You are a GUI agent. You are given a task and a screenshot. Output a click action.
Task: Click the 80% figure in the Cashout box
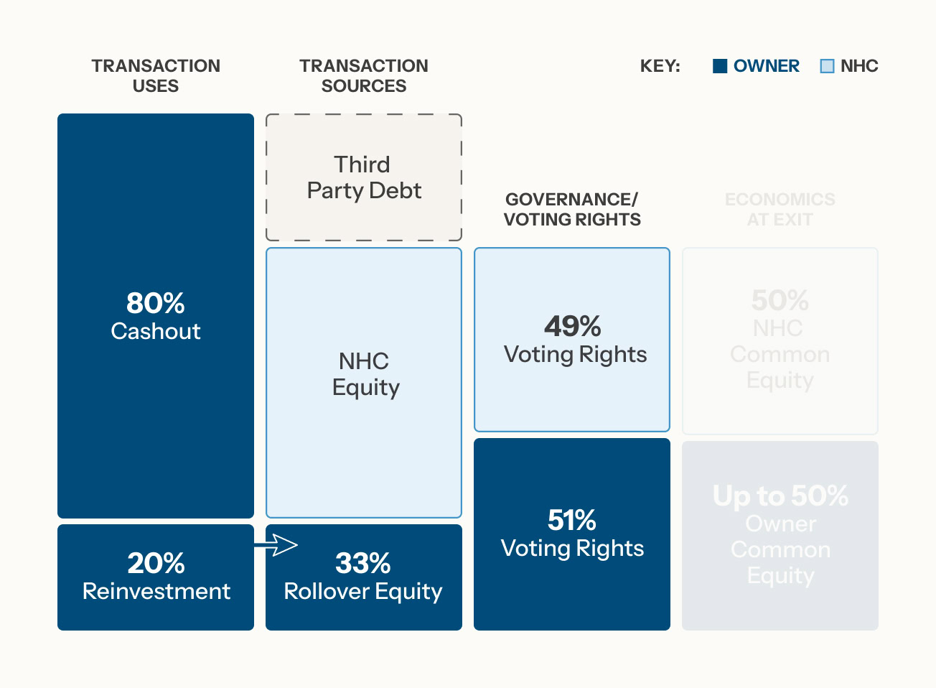click(x=155, y=303)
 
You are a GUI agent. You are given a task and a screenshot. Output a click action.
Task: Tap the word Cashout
click(x=155, y=331)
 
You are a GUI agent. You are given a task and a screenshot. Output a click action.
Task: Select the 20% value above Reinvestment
click(x=156, y=563)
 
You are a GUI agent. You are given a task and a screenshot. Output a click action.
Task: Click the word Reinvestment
click(x=156, y=591)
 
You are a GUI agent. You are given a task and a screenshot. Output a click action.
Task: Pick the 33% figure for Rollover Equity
click(x=362, y=563)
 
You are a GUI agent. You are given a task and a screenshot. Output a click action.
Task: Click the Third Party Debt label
click(x=363, y=177)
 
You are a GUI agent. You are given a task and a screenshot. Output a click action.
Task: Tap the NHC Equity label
click(x=364, y=374)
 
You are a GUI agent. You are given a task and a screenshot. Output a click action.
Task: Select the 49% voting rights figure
click(x=572, y=326)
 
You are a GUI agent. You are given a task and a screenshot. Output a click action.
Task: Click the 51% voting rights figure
click(x=571, y=520)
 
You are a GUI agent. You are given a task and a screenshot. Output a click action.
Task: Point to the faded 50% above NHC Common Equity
click(x=780, y=300)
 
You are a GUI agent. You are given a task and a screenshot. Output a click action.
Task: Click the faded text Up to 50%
click(x=780, y=496)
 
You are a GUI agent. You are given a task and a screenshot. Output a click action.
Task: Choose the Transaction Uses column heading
click(x=156, y=75)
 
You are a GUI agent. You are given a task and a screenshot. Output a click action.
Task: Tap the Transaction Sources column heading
click(x=363, y=75)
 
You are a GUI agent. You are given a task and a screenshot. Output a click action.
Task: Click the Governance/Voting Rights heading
click(x=571, y=209)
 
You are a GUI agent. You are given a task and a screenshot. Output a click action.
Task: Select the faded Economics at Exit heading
click(x=780, y=209)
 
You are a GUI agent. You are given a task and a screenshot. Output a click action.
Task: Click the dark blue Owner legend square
click(x=720, y=66)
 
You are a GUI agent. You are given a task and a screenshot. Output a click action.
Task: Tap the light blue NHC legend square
click(x=827, y=66)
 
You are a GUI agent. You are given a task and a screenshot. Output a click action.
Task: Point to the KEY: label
click(x=660, y=66)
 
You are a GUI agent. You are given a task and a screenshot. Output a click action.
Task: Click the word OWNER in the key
click(x=766, y=66)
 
